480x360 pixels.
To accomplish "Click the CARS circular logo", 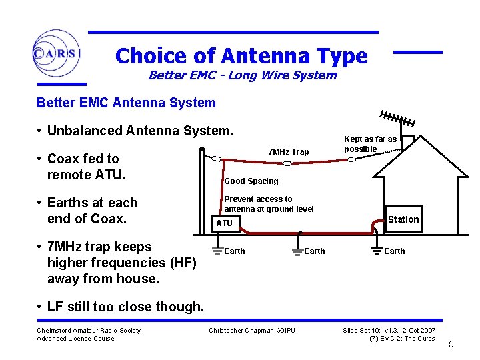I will coord(56,53).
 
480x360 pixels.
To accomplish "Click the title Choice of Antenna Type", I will coord(241,55).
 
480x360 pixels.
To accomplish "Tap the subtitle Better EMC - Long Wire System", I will coord(242,75).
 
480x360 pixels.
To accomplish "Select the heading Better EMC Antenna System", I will coord(126,103).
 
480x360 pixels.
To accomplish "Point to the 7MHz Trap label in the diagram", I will coord(288,152).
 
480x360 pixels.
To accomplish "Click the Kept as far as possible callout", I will coord(370,144).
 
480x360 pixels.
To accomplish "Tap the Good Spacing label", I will coord(251,181).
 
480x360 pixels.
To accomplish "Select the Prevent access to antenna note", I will coord(269,204).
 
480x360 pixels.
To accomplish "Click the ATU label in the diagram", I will coord(224,223).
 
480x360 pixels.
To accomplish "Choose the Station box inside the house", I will coord(403,219).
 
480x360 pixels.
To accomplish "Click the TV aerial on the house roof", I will coord(397,119).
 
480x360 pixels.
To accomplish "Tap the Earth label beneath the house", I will coord(394,251).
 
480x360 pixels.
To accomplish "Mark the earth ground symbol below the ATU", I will coord(217,251).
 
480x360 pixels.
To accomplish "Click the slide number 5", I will coord(451,345).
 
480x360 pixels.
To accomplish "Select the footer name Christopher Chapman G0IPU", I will coord(251,331).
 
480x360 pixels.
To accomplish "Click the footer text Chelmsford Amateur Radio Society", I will coord(89,331).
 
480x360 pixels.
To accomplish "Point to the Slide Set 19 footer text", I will coord(389,331).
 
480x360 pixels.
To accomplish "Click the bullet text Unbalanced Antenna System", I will coord(141,131).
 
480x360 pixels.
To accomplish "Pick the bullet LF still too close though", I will coord(125,307).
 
